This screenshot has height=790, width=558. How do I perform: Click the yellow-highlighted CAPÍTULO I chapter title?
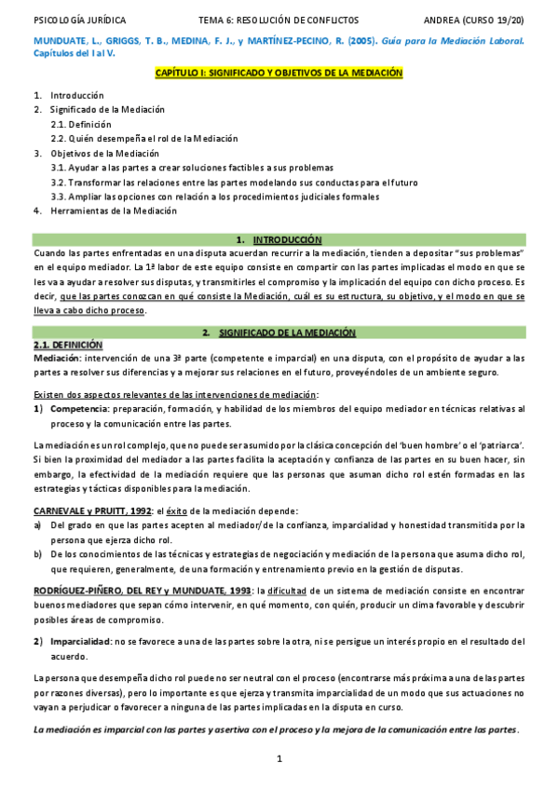point(279,72)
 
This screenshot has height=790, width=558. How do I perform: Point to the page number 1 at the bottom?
point(279,760)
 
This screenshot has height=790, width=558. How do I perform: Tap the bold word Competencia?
point(80,409)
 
